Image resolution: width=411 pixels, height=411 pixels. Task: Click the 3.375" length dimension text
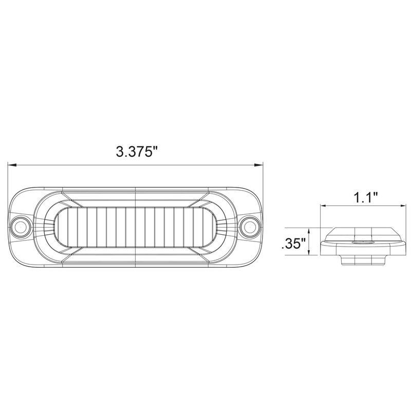coord(136,152)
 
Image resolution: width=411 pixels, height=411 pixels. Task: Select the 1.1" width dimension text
coord(365,197)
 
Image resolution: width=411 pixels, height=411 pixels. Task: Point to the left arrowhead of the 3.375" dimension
coord(10,165)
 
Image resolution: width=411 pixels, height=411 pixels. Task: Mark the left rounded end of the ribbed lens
coord(59,226)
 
